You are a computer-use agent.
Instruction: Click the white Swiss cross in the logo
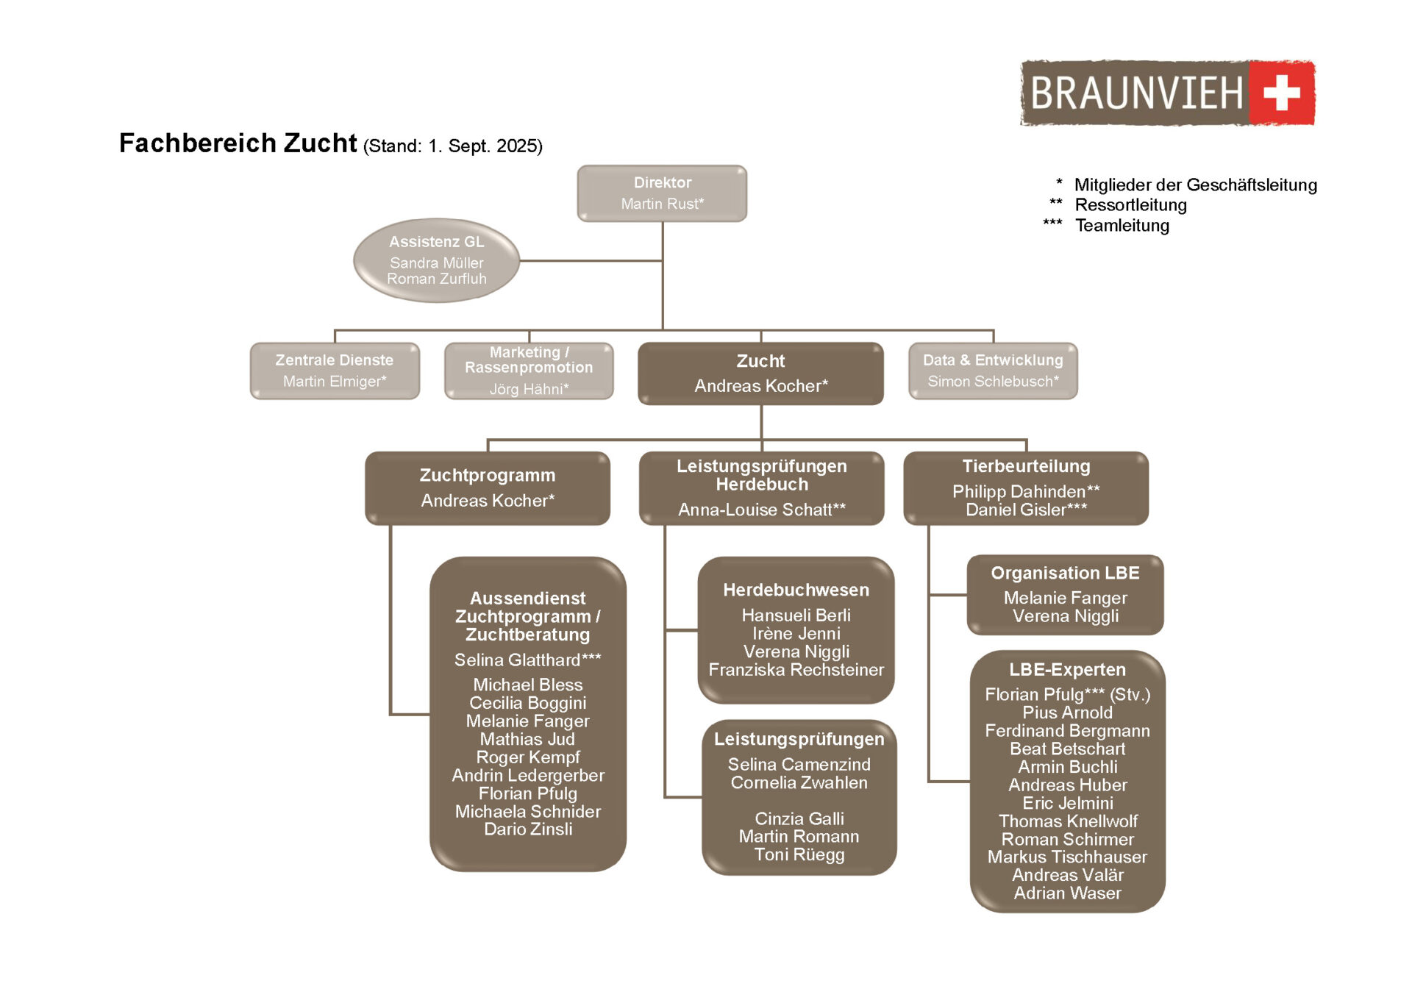point(1281,93)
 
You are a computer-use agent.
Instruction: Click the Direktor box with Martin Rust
point(662,193)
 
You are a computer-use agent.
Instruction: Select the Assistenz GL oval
point(436,260)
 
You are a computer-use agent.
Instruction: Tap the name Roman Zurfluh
point(436,279)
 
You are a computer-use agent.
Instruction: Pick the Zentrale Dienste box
point(335,371)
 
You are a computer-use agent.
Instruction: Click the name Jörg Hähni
point(528,389)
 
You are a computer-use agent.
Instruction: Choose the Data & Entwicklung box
point(993,371)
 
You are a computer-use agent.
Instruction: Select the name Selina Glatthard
point(527,660)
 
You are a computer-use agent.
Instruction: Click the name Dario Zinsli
point(528,829)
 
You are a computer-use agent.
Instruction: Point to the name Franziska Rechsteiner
point(796,669)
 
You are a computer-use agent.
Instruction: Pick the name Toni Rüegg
point(799,854)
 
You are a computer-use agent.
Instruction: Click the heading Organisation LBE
point(1065,573)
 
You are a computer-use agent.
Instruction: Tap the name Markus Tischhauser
point(1067,857)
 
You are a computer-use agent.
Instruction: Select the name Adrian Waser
point(1067,893)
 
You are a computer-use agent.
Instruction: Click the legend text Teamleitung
point(1122,225)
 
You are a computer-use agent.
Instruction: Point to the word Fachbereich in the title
point(197,143)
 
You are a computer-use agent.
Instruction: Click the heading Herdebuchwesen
point(796,590)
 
